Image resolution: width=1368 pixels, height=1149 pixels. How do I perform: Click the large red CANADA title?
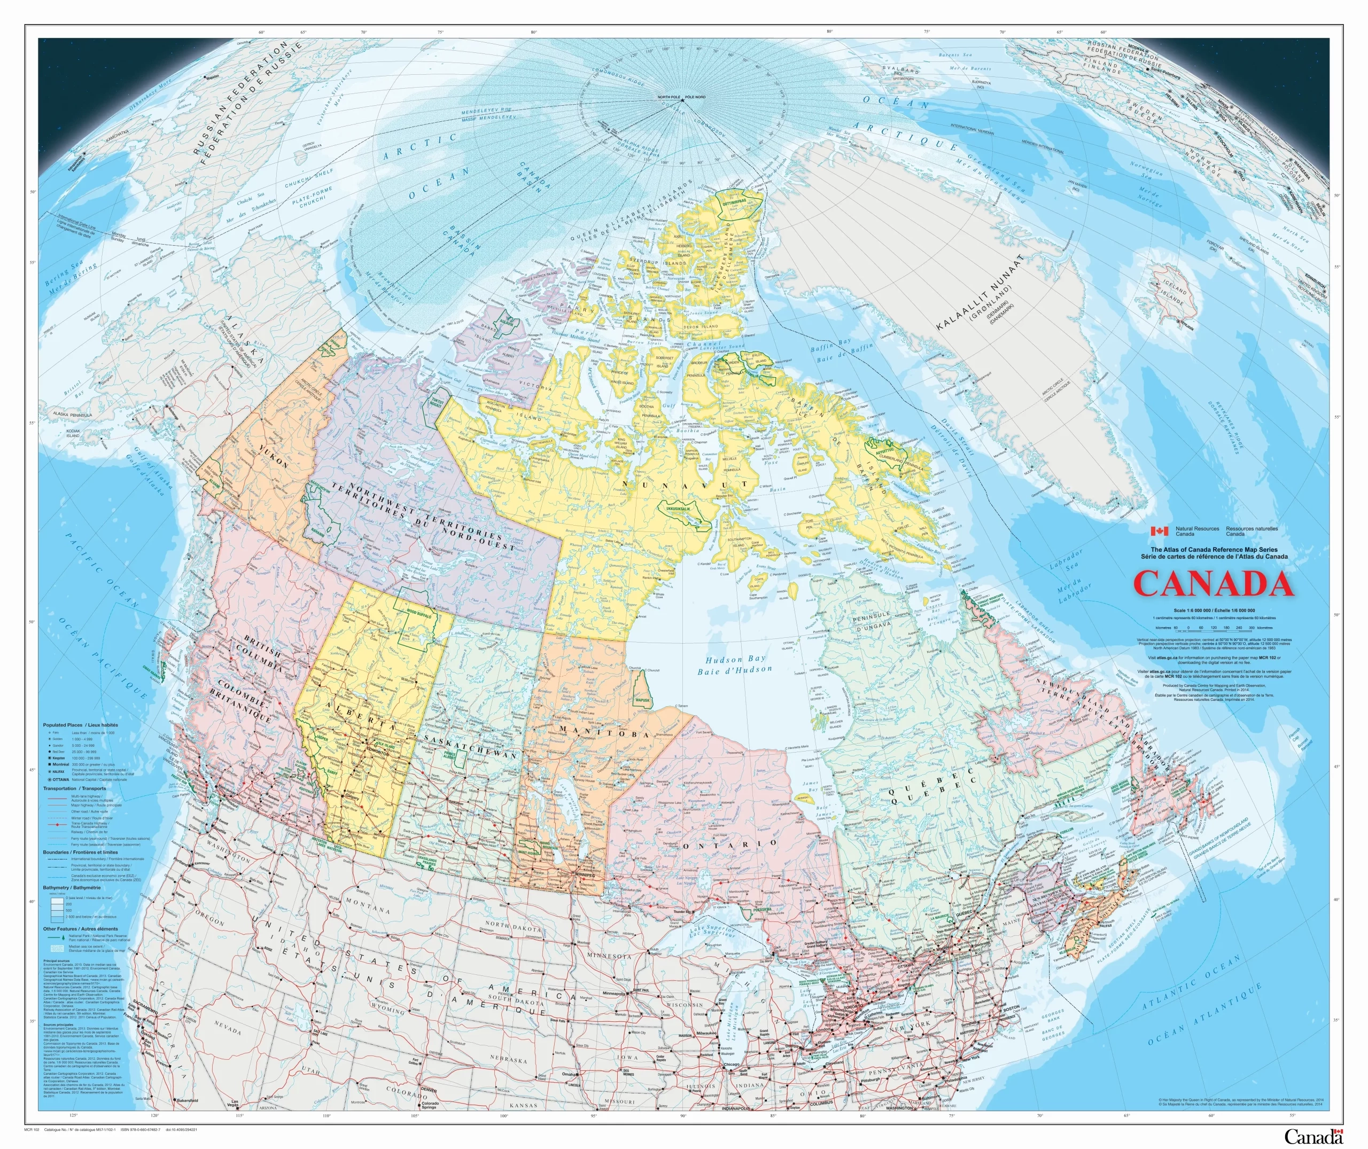pyautogui.click(x=1214, y=584)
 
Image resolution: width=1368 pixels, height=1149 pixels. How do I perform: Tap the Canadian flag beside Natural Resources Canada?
pyautogui.click(x=1159, y=531)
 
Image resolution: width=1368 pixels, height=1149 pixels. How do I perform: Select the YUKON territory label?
pyautogui.click(x=274, y=457)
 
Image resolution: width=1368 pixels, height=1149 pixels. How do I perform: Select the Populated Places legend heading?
pyautogui.click(x=81, y=725)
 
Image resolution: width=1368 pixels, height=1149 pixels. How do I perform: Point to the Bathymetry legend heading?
pyautogui.click(x=72, y=888)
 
